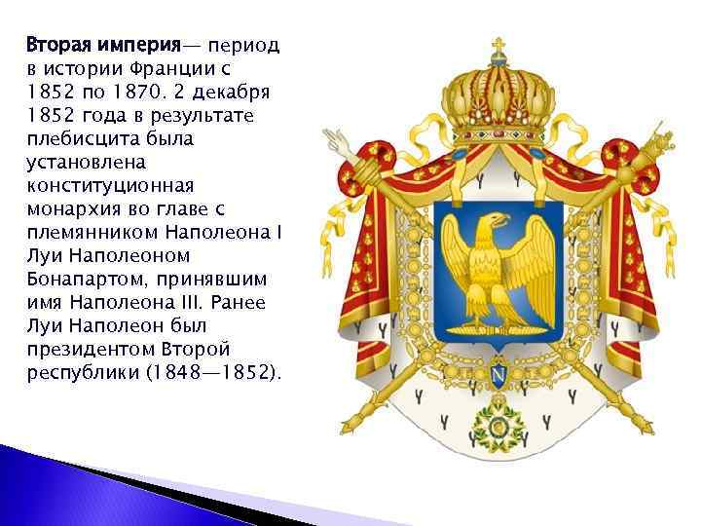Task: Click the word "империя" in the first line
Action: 143,45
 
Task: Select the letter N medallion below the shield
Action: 497,374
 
